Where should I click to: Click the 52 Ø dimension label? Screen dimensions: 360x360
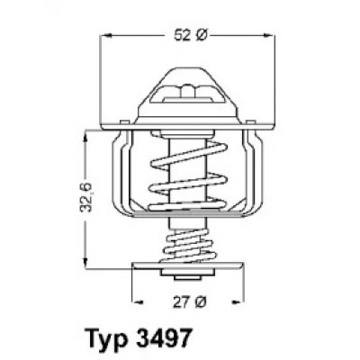tap(191, 36)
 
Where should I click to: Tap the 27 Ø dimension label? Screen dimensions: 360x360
tap(190, 302)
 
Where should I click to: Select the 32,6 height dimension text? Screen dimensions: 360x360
tap(87, 197)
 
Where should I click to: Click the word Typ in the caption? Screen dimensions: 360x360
tap(104, 339)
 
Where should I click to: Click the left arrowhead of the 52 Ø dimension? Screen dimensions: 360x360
tap(106, 36)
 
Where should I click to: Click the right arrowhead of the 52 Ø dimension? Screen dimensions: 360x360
tap(269, 36)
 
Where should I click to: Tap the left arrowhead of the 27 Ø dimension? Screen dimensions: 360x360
tap(138, 301)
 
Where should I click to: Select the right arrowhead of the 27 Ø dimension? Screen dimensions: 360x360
tap(238, 301)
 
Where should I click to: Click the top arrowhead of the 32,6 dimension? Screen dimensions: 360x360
tap(86, 137)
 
